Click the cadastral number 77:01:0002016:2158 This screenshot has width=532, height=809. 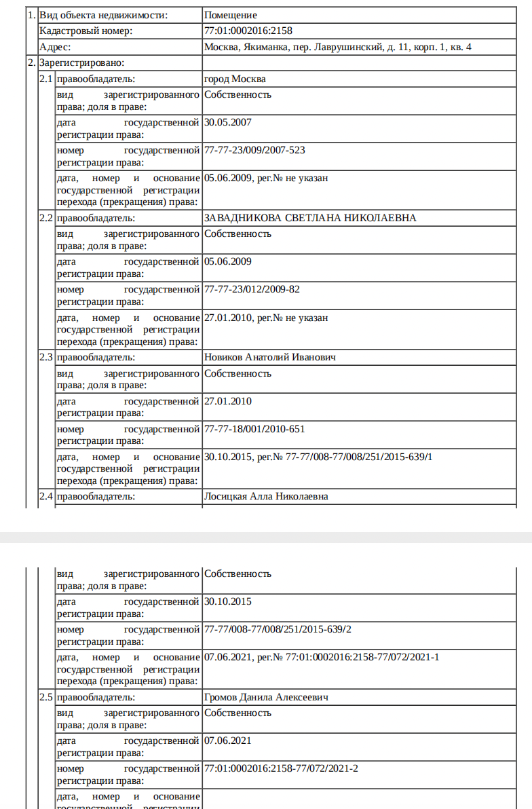[x=248, y=31]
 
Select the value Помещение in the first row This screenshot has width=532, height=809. [x=231, y=14]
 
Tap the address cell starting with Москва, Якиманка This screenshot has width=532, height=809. [x=337, y=47]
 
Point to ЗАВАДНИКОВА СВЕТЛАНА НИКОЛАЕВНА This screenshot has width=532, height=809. [x=310, y=218]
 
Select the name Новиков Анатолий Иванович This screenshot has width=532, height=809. [x=269, y=358]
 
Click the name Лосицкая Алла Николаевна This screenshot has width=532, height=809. [x=266, y=497]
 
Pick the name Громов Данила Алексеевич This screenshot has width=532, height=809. [x=267, y=697]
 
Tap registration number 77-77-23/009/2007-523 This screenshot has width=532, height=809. [x=259, y=150]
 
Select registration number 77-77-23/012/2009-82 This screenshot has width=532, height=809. [x=252, y=289]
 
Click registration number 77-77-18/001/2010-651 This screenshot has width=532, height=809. [x=254, y=429]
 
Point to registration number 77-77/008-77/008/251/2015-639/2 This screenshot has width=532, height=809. [x=278, y=629]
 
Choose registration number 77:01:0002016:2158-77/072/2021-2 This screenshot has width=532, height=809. [x=281, y=768]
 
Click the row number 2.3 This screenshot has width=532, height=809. [x=46, y=358]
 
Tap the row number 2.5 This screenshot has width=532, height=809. [x=46, y=697]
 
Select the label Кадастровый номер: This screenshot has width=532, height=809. [x=85, y=31]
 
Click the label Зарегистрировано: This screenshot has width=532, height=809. [x=82, y=62]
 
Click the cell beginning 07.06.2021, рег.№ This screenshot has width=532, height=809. [x=322, y=657]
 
